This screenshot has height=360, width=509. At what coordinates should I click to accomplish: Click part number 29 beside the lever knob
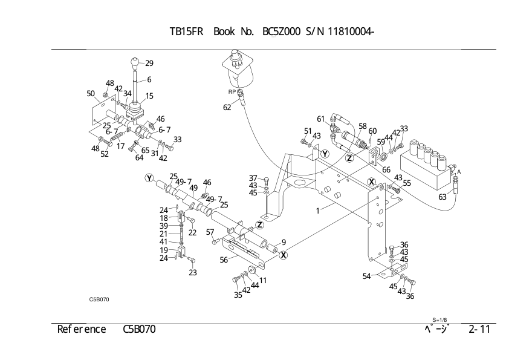(x=149, y=63)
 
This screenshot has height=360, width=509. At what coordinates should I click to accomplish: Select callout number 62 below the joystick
(x=227, y=108)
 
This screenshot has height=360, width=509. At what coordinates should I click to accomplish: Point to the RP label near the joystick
(x=232, y=92)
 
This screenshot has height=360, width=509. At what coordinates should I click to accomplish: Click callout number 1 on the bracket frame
(x=317, y=211)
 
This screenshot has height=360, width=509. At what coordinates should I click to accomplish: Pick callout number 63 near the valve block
(x=443, y=197)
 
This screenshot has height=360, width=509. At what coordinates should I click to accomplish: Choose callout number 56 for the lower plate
(x=223, y=260)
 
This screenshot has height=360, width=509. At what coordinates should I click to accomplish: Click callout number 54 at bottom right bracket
(x=367, y=277)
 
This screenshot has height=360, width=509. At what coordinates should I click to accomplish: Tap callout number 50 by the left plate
(x=91, y=94)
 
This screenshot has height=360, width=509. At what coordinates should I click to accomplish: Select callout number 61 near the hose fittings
(x=321, y=118)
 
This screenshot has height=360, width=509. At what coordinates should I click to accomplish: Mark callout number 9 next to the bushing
(x=284, y=242)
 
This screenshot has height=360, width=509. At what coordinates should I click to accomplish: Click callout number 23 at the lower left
(x=193, y=272)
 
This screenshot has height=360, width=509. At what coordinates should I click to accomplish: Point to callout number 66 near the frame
(x=386, y=170)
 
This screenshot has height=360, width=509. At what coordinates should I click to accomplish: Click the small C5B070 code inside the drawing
(x=99, y=298)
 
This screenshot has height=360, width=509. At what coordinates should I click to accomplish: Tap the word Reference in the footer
(x=82, y=329)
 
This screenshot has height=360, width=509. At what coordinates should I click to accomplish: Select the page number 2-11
(x=479, y=329)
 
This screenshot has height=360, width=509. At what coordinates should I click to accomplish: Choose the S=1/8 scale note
(x=439, y=319)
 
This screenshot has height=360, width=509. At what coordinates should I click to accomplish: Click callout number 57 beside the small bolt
(x=210, y=232)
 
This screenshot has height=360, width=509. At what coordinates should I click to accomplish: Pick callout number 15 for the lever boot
(x=149, y=96)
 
